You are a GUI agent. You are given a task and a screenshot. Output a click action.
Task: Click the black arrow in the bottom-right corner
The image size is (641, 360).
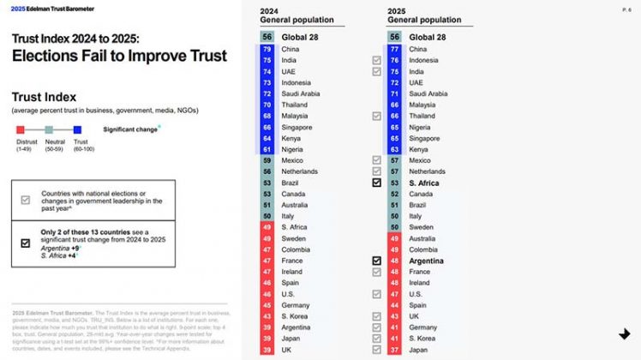tap(625, 333)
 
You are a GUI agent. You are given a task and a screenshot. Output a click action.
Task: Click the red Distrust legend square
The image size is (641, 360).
tap(21, 129)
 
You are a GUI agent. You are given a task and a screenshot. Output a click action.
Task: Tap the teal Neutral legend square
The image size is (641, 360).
tap(49, 129)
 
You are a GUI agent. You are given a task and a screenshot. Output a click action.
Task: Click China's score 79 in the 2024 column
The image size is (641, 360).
tap(267, 49)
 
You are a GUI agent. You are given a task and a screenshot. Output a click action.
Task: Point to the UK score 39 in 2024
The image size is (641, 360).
tap(267, 350)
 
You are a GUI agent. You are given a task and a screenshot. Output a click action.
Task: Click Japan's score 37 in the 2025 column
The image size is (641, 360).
tap(394, 350)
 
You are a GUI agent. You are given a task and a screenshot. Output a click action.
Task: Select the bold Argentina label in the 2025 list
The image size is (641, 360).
tap(427, 260)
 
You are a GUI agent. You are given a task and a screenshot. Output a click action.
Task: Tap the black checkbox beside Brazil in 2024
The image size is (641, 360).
tap(376, 183)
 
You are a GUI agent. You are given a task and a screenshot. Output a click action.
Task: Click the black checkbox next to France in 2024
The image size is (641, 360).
tap(376, 260)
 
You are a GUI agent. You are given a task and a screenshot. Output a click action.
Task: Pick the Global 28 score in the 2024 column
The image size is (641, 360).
tap(267, 37)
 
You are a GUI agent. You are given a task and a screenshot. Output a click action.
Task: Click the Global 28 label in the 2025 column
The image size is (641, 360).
tap(428, 37)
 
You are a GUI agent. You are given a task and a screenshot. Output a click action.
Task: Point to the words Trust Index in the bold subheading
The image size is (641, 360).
tap(44, 98)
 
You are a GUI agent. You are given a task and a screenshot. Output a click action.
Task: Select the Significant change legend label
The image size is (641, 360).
tap(130, 129)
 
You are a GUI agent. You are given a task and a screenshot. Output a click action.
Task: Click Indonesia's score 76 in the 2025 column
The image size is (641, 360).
tap(394, 60)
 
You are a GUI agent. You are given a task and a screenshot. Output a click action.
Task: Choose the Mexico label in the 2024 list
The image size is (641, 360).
tap(293, 160)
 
